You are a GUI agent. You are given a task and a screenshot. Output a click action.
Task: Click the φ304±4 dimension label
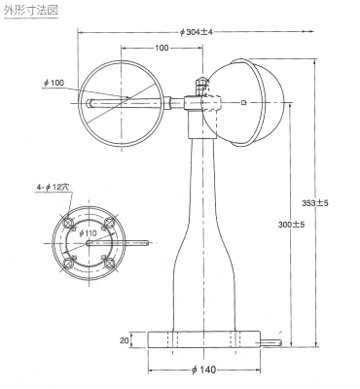coord(196,32)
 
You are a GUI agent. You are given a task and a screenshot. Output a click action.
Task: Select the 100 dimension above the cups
coord(162,48)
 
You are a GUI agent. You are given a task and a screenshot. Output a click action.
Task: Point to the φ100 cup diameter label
coord(54,83)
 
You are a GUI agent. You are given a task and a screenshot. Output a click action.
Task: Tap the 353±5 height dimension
coord(315,203)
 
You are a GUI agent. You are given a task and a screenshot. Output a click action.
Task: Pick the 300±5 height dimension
coord(291,224)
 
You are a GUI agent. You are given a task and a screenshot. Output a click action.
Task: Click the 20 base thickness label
coord(125,340)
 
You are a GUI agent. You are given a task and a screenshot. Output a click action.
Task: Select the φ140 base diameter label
coord(203,370)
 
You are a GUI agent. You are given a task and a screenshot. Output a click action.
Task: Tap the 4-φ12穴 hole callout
coord(54,188)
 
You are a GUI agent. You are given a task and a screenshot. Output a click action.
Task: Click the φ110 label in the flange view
coord(88,232)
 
